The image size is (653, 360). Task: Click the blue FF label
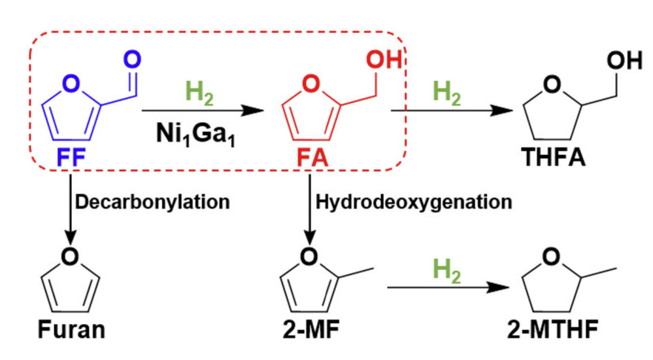point(71,157)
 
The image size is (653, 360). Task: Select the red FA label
point(312,158)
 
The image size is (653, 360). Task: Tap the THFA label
point(554,157)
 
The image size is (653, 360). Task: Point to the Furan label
point(72,329)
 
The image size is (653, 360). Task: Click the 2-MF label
point(311,329)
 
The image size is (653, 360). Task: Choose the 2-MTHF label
point(553,329)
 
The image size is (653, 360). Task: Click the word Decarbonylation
point(152,203)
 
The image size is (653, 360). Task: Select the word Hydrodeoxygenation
point(414,203)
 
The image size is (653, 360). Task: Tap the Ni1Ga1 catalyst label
point(195,135)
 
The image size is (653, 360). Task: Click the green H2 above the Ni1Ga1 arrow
point(199,92)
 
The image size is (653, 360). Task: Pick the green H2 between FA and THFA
point(447,92)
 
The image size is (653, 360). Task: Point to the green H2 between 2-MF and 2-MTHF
point(447,270)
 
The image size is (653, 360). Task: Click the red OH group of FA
point(384,59)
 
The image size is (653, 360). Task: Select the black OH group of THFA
point(624,60)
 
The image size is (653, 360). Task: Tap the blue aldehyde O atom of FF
point(132,59)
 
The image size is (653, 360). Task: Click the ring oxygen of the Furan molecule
point(70,256)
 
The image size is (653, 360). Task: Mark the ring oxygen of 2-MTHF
point(552,256)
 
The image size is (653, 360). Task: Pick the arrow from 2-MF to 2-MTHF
point(448,287)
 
